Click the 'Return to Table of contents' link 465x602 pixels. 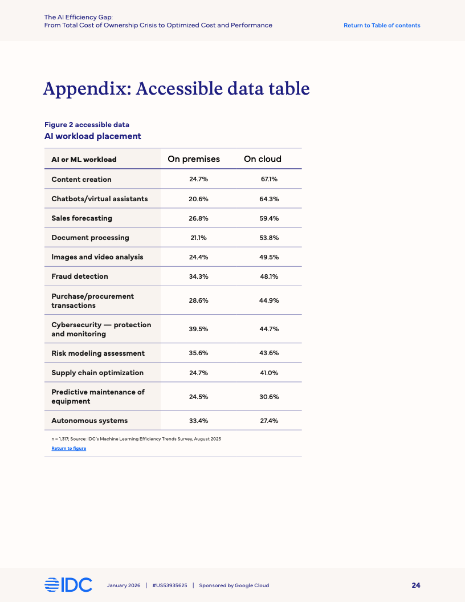382,26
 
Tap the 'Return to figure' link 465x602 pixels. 69,449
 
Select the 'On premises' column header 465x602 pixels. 194,159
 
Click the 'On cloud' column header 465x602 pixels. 263,159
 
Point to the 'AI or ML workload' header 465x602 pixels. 84,160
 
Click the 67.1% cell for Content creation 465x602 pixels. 269,179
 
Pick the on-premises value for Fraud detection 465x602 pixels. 198,276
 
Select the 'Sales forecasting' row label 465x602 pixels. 81,218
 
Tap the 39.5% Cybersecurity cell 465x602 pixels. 198,329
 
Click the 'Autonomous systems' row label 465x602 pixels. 89,421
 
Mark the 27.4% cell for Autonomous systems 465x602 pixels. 269,421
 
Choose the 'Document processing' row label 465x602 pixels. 90,238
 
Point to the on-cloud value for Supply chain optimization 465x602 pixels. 269,373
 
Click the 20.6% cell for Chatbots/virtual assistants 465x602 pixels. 198,199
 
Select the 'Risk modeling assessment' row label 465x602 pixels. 98,353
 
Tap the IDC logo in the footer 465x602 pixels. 68,585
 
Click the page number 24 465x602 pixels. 416,585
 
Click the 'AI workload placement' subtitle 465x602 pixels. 93,136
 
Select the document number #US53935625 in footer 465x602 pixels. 170,585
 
